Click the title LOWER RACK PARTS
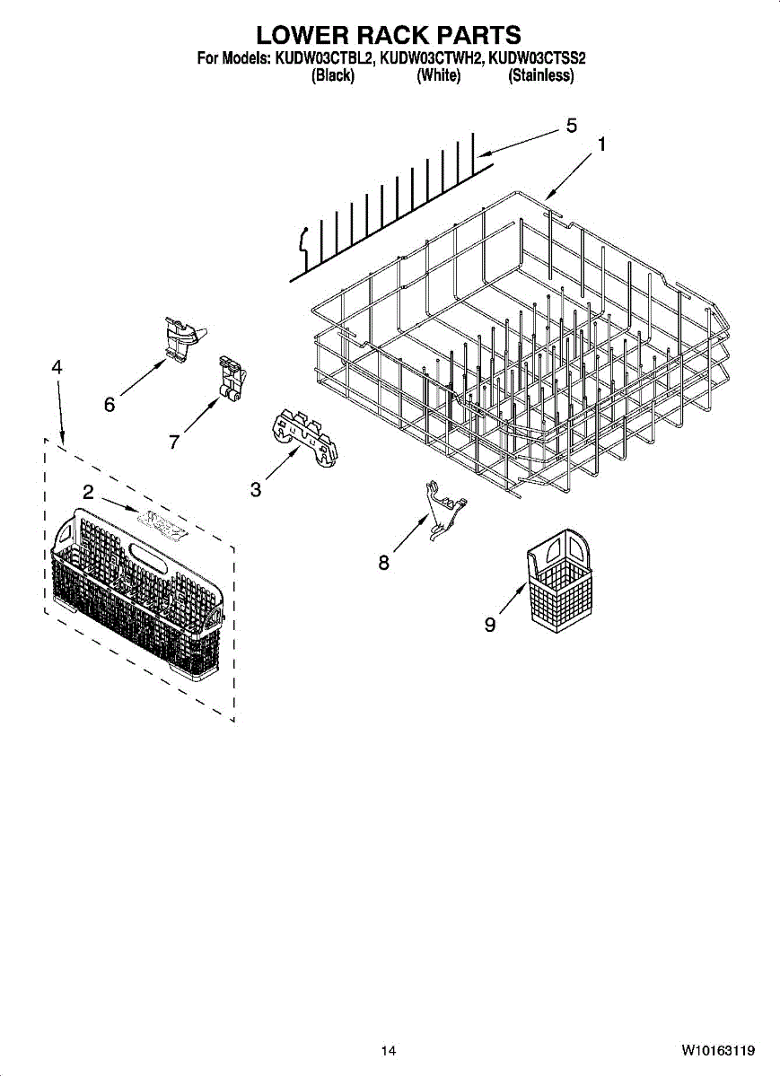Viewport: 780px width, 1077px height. point(389,35)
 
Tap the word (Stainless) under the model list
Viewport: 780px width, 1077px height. point(540,76)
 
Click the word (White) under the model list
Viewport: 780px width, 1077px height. point(439,76)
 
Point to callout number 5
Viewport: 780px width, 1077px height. point(571,126)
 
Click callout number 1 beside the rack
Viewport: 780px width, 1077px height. point(601,144)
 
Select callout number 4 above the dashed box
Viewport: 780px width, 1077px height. point(57,367)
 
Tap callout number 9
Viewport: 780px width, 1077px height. point(490,625)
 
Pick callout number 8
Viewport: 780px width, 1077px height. point(384,563)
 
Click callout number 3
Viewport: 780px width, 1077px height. point(256,489)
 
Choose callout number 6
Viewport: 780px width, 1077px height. point(110,405)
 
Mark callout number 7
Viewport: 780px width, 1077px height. point(174,441)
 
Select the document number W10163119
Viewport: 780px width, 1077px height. point(717,1050)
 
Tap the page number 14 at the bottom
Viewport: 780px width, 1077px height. point(388,1050)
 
